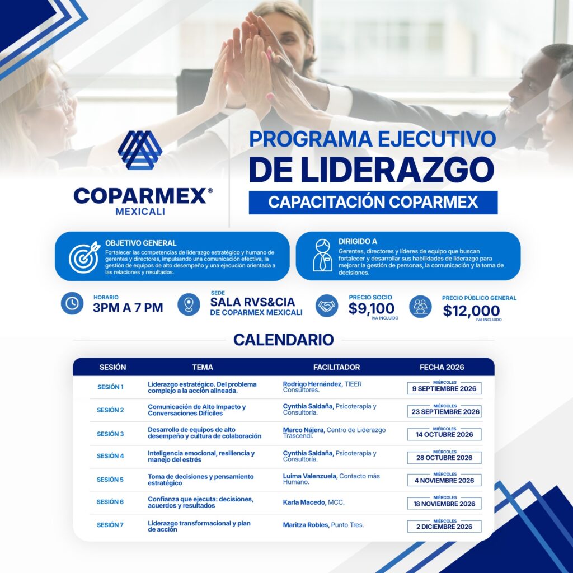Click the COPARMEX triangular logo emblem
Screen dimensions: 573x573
pyautogui.click(x=140, y=150)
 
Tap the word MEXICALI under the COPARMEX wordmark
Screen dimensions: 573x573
pyautogui.click(x=140, y=212)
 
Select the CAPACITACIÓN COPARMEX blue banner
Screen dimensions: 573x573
pyautogui.click(x=373, y=202)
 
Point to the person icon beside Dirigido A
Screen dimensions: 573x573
pyautogui.click(x=323, y=255)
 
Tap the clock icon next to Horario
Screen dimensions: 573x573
pyautogui.click(x=72, y=303)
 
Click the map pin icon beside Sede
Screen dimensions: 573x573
pyautogui.click(x=189, y=304)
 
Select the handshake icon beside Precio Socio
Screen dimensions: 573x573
pyautogui.click(x=327, y=306)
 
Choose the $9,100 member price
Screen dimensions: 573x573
pyautogui.click(x=372, y=309)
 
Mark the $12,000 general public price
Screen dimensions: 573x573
pyautogui.click(x=471, y=311)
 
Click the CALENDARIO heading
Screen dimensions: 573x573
pyautogui.click(x=284, y=340)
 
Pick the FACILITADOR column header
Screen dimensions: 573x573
pyautogui.click(x=336, y=367)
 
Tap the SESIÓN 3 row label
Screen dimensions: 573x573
pyautogui.click(x=110, y=434)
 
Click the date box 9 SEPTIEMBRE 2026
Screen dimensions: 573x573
pyautogui.click(x=444, y=388)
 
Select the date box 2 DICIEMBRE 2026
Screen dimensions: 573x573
pyautogui.click(x=444, y=526)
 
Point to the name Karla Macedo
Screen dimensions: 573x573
pyautogui.click(x=304, y=502)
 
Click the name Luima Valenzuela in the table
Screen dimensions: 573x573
pyautogui.click(x=310, y=476)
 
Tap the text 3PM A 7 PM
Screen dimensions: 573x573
pyautogui.click(x=128, y=308)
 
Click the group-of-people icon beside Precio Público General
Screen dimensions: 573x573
pyautogui.click(x=420, y=306)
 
